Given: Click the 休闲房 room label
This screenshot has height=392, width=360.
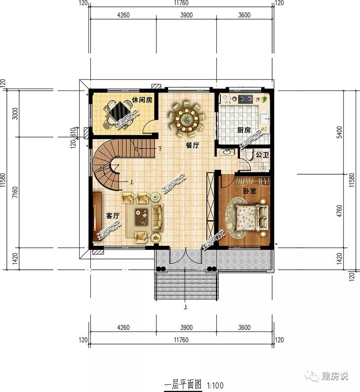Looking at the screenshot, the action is pyautogui.click(x=142, y=100).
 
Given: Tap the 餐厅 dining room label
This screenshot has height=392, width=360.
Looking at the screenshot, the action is pyautogui.click(x=192, y=145).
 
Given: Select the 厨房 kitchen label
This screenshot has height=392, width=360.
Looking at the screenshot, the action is pyautogui.click(x=244, y=130).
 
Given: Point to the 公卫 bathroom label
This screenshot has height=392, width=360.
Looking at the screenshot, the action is pyautogui.click(x=262, y=155).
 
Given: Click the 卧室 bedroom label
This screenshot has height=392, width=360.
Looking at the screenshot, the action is pyautogui.click(x=250, y=191).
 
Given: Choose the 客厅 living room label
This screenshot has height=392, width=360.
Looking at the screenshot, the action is pyautogui.click(x=113, y=216).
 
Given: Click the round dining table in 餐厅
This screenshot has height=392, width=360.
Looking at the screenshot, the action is pyautogui.click(x=186, y=119).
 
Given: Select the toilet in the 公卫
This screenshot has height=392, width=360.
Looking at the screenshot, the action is pyautogui.click(x=249, y=154).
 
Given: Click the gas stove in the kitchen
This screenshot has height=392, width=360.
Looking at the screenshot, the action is pyautogui.click(x=245, y=99).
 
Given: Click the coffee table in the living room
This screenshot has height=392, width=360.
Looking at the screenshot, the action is pyautogui.click(x=142, y=216).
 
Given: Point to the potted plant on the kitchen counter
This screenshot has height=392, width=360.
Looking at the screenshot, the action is pyautogui.click(x=264, y=99).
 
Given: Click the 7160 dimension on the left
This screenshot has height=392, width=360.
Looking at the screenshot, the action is pyautogui.click(x=15, y=192).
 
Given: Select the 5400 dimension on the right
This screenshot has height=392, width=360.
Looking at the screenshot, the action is pyautogui.click(x=339, y=132).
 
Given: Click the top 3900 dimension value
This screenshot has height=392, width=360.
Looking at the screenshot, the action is pyautogui.click(x=186, y=15).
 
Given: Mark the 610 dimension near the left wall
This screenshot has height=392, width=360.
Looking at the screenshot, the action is pyautogui.click(x=73, y=132).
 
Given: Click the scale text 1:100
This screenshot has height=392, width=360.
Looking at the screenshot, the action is pyautogui.click(x=215, y=385).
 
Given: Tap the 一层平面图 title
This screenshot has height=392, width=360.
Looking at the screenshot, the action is pyautogui.click(x=183, y=384).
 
